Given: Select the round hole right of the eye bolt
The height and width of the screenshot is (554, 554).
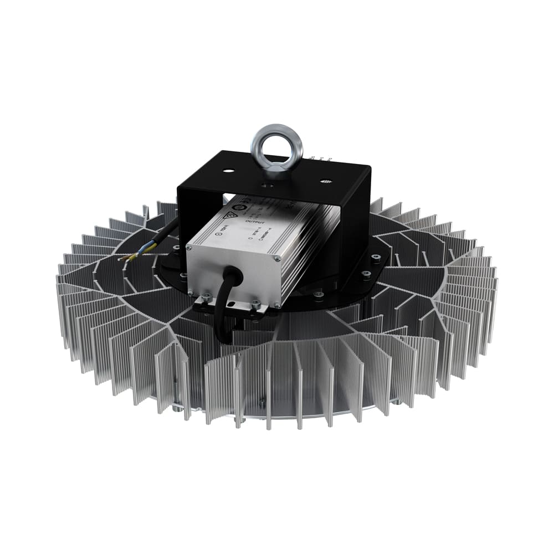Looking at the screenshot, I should click(x=326, y=181).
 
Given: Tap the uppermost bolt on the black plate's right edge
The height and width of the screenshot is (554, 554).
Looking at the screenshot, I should click(x=376, y=258).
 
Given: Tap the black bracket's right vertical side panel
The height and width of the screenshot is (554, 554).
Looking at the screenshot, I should click(x=355, y=233).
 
